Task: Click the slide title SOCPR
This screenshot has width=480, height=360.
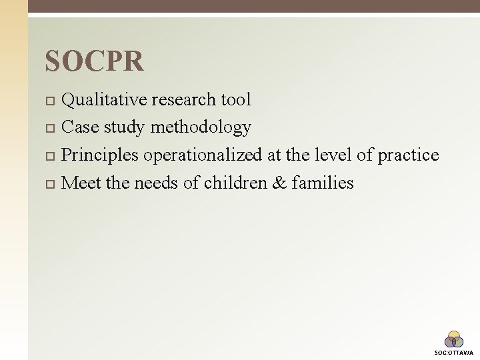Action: coord(94,61)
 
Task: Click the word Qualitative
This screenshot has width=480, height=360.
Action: coord(105,100)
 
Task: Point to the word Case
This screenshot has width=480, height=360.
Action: coord(80,127)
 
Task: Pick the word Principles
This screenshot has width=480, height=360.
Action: coord(99,155)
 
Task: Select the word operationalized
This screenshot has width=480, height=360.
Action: coord(203,155)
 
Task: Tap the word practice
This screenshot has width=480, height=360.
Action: coord(408,155)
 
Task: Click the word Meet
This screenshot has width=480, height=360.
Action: coord(81,183)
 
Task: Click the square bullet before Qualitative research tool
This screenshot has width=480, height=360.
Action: coord(49,101)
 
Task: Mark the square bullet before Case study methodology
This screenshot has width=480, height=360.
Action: coord(49,128)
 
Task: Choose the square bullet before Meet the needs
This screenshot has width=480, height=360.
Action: coord(49,183)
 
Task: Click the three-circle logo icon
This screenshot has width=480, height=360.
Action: coord(454,339)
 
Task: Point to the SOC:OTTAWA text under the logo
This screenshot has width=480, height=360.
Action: coord(454,353)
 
